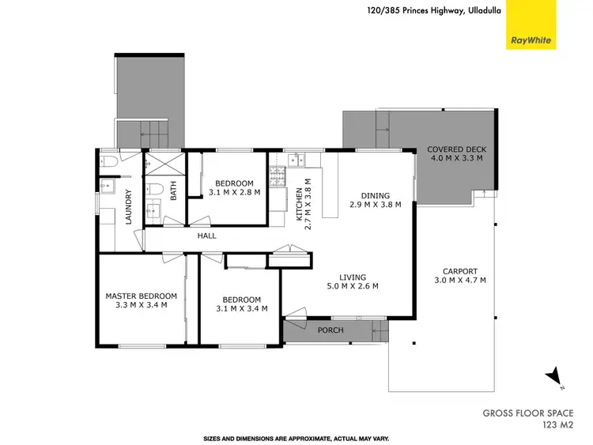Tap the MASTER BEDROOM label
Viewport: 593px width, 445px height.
(x=142, y=296)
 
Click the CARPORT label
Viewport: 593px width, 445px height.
(x=460, y=270)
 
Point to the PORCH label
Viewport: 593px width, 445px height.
(x=330, y=330)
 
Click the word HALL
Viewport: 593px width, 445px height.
(x=206, y=236)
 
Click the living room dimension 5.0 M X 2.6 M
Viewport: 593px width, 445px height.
(x=353, y=286)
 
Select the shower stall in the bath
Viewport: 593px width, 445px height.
(x=164, y=166)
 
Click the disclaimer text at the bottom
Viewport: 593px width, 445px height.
(x=296, y=437)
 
